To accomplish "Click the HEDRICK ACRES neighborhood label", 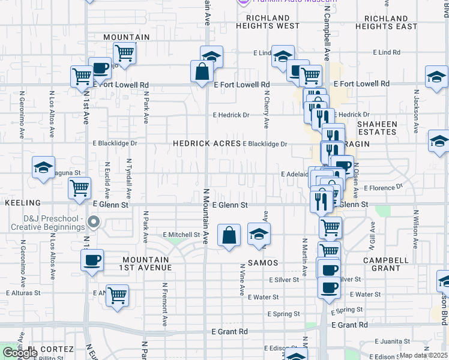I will point(207,144).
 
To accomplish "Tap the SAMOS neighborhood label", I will point(262,263).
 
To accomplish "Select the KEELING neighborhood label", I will point(23,203).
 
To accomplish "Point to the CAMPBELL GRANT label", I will point(386,265).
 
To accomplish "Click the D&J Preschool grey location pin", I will point(93,223).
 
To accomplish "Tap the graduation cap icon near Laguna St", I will point(43,168).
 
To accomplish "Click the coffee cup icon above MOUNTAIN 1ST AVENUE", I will point(92,260).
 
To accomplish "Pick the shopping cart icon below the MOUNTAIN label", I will point(125,53).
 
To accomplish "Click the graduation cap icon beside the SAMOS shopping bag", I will point(259,234).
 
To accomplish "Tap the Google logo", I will point(20,353).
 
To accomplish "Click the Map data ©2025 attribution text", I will point(423,355).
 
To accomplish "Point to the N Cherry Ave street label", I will point(266,109).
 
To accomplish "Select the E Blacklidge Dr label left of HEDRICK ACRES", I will point(115,144).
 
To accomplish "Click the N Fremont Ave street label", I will point(164,305).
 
